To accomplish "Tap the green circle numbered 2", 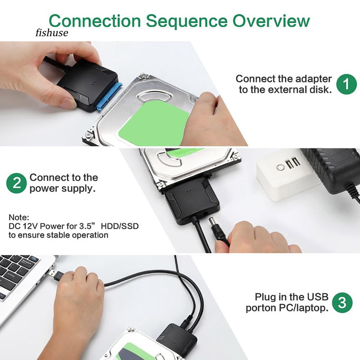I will [17, 183].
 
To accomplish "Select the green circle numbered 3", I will [342, 303].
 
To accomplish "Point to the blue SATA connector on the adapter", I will [108, 96].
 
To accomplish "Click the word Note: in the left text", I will [19, 218].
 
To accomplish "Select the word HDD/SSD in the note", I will [120, 226].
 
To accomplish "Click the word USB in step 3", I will [317, 297].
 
